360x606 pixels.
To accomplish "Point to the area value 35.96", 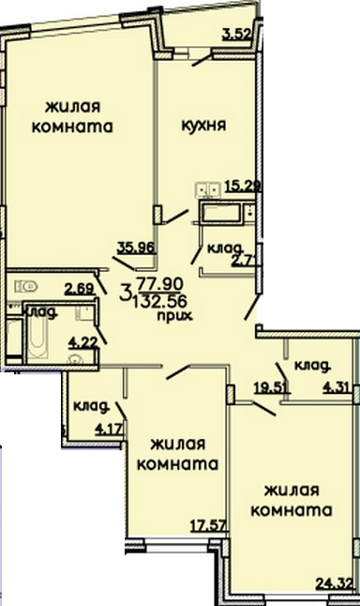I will click(135, 249).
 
